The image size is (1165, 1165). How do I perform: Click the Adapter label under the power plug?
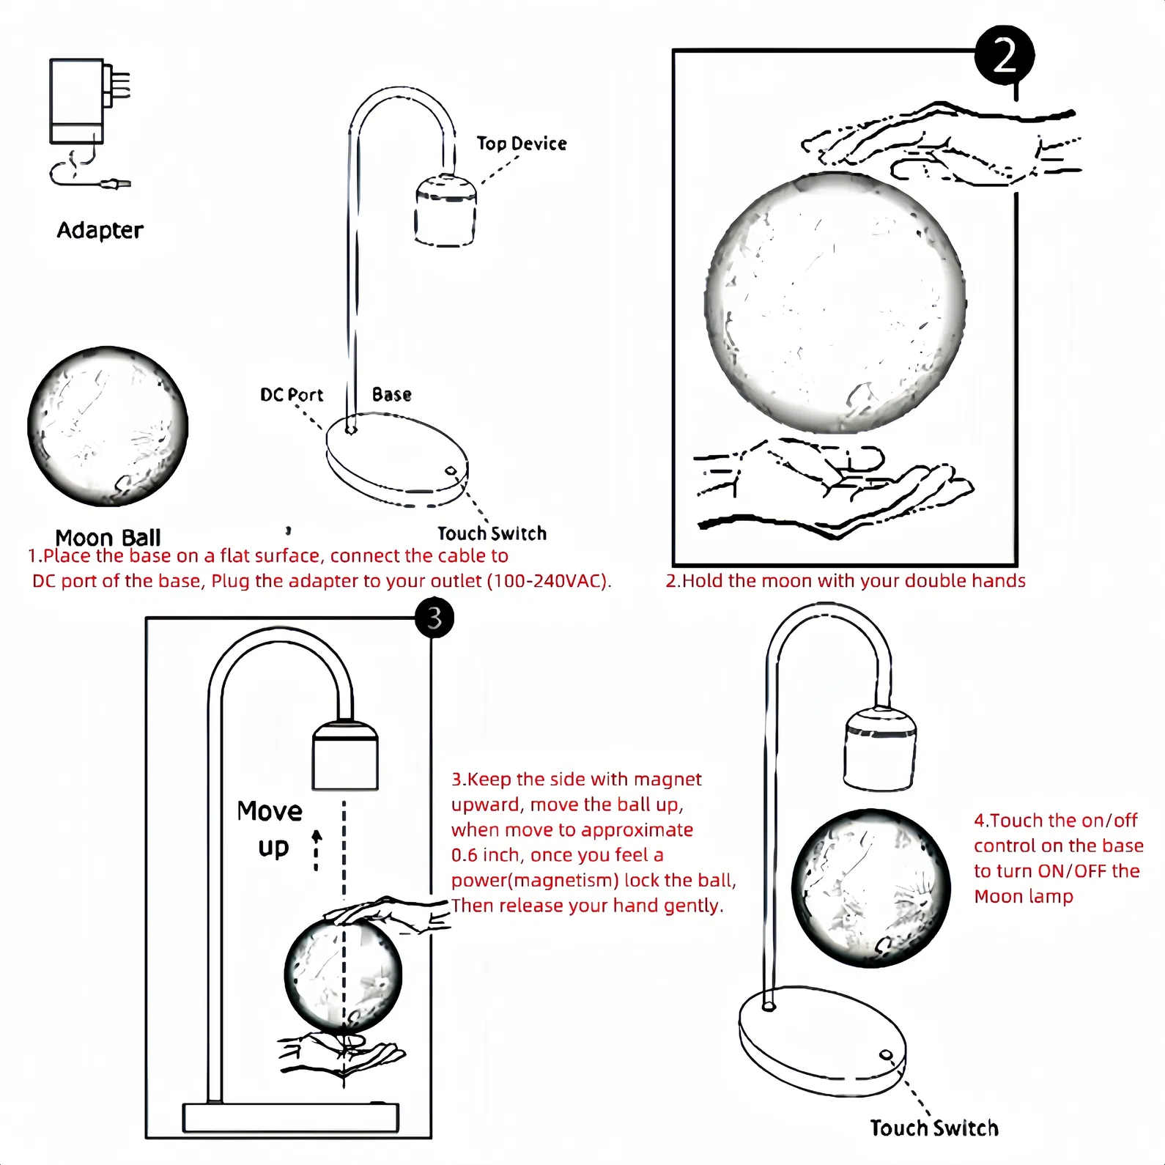(x=100, y=230)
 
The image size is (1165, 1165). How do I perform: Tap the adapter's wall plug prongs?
(x=120, y=85)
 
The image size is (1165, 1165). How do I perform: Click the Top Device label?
(x=521, y=144)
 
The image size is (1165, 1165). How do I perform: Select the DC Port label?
(x=291, y=395)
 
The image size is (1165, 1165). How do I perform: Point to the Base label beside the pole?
(x=391, y=395)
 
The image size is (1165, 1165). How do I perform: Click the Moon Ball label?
(x=108, y=537)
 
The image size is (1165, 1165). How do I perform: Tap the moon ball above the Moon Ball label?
(x=108, y=426)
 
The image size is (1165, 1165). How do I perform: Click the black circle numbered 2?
(x=1004, y=56)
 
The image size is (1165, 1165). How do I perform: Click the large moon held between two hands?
(x=835, y=303)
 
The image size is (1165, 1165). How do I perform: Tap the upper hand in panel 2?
(x=945, y=144)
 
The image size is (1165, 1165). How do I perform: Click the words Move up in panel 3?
(x=270, y=829)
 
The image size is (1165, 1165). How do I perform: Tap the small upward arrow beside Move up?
(x=317, y=850)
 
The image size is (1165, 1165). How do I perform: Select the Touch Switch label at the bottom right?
(x=933, y=1128)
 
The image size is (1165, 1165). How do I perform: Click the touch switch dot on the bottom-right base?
(x=885, y=1056)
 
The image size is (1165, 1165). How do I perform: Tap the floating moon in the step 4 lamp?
(x=870, y=888)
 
